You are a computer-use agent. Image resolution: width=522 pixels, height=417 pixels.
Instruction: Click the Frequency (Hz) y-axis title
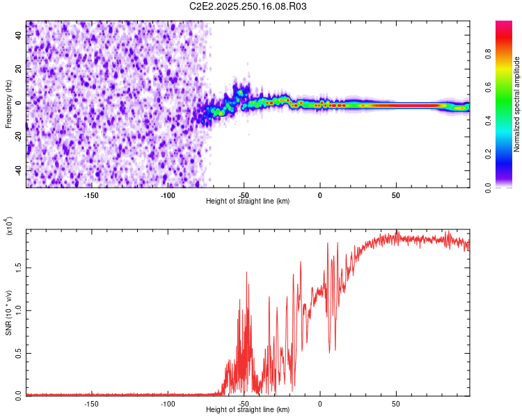pos(8,104)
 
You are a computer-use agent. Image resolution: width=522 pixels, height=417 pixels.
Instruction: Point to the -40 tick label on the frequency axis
pos(19,170)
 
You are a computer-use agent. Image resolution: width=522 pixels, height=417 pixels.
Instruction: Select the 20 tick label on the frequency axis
pos(19,69)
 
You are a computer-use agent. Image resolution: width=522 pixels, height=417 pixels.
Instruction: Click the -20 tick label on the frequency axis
pos(19,136)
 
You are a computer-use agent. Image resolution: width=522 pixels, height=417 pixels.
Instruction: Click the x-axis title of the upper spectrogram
pos(248,201)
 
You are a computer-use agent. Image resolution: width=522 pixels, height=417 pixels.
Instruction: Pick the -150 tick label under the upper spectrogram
pos(91,195)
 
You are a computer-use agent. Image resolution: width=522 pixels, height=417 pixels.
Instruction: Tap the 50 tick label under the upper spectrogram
pos(395,195)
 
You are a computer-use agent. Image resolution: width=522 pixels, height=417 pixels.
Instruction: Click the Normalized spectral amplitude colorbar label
pos(517,104)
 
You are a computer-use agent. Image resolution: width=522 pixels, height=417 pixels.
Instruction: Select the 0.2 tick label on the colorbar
pos(509,154)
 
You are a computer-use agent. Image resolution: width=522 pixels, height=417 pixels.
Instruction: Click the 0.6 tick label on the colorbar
pos(509,88)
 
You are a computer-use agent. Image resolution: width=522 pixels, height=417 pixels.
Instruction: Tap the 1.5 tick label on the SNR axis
pos(18,266)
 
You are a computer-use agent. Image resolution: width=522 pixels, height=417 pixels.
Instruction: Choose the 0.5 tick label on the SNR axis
pos(18,352)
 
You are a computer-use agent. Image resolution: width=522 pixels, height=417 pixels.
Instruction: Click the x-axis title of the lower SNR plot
pos(248,409)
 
